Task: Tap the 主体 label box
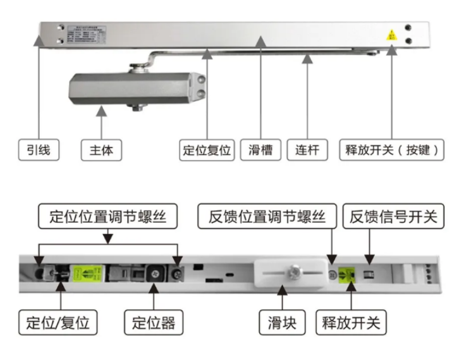[x=101, y=150]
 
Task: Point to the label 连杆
[x=308, y=150]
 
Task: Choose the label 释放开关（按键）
[x=392, y=150]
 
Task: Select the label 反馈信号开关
[x=394, y=217]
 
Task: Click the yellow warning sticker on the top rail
[x=392, y=35]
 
